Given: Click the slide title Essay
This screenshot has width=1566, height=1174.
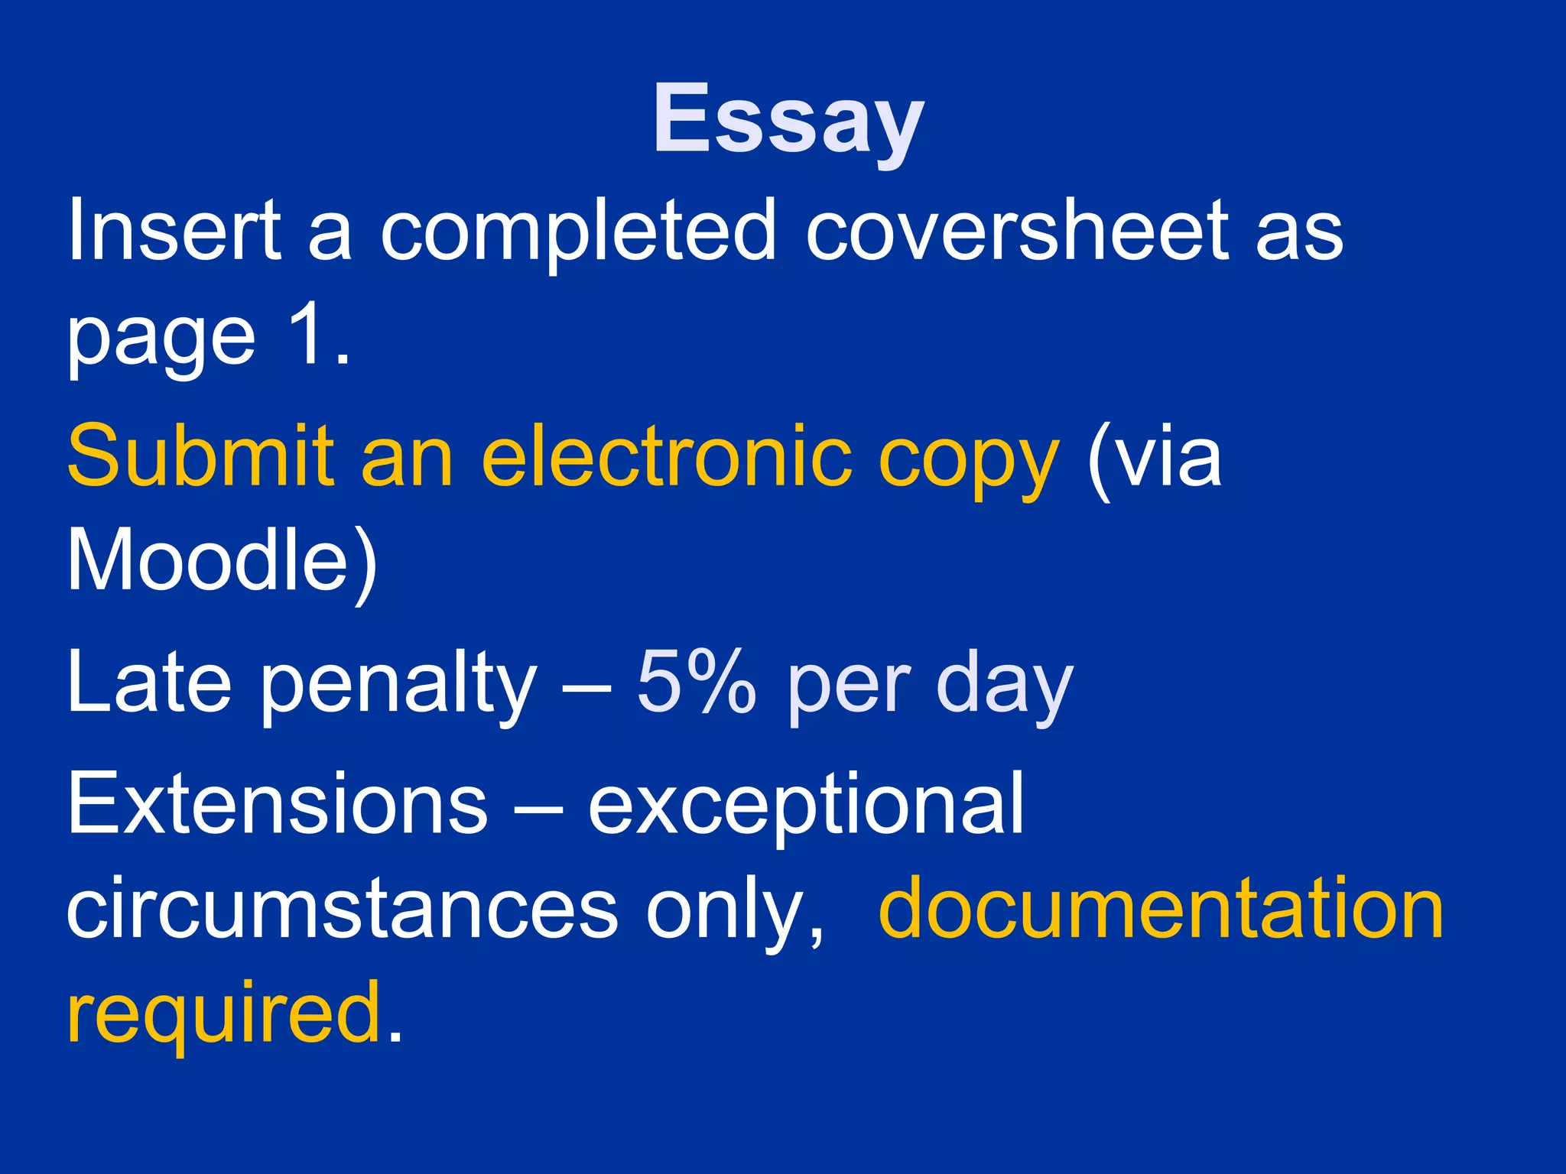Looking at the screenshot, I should (x=788, y=121).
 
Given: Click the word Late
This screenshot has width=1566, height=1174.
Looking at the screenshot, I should (x=150, y=680).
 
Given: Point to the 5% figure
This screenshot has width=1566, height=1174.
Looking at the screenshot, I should (x=696, y=680).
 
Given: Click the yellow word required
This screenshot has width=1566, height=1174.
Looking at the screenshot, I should (x=223, y=1015).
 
